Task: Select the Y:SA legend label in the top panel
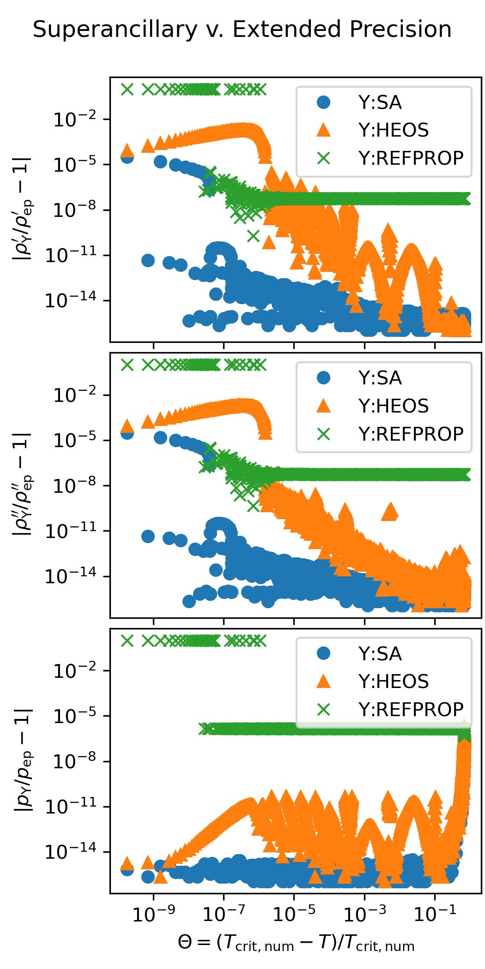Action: tap(380, 102)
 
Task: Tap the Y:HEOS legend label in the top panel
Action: tap(393, 130)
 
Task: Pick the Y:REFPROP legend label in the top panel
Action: tap(411, 158)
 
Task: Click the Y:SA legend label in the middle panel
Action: tap(380, 378)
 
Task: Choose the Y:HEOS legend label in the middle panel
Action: tap(393, 406)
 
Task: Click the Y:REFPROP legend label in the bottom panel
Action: tap(411, 709)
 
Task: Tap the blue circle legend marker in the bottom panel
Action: tap(324, 653)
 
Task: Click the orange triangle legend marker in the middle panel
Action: tap(324, 406)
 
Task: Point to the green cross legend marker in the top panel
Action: tap(324, 158)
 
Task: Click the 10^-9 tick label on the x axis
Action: tap(153, 913)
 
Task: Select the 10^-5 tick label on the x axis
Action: tap(294, 913)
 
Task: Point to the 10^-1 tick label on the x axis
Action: tap(435, 913)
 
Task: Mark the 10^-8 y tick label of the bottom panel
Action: tap(75, 761)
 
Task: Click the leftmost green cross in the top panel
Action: tap(127, 90)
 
